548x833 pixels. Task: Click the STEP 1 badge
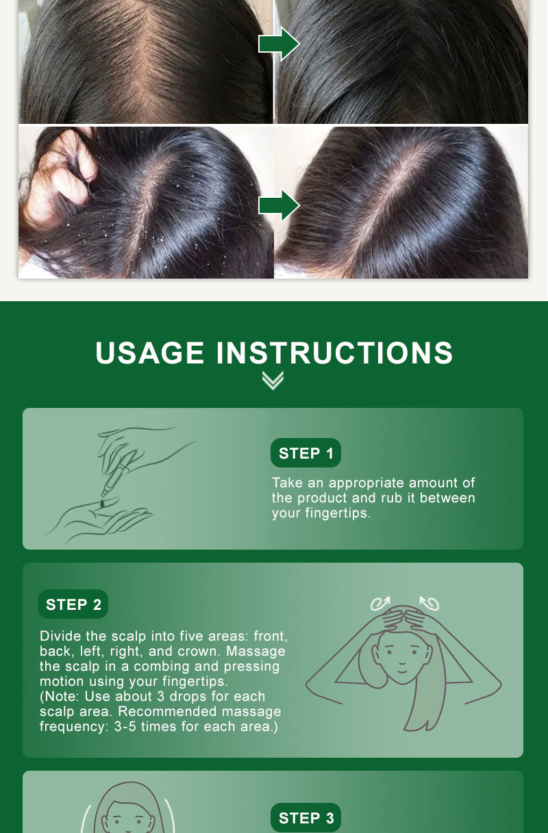click(306, 453)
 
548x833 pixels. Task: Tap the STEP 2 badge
click(73, 604)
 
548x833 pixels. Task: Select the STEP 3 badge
click(306, 818)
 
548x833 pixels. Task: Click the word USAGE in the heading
click(150, 353)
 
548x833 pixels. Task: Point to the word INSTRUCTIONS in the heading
click(335, 353)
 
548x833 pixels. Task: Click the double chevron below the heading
click(273, 381)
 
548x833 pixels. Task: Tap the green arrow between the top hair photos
click(278, 44)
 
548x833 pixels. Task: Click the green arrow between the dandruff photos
click(278, 205)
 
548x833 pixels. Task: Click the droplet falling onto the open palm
click(102, 504)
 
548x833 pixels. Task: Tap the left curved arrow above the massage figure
click(379, 603)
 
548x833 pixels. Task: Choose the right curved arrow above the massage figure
click(429, 603)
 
